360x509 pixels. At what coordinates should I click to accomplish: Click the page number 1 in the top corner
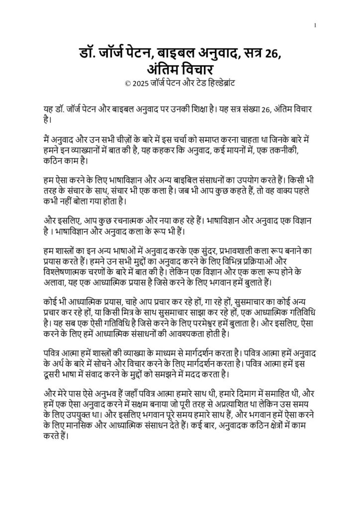(316, 25)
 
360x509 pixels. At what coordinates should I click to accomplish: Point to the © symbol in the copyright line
(129, 82)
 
